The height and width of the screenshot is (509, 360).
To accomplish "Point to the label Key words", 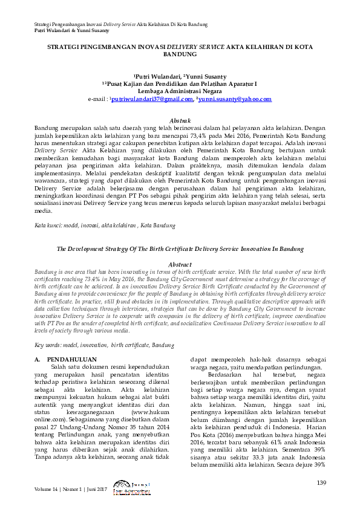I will [x=48, y=345].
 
